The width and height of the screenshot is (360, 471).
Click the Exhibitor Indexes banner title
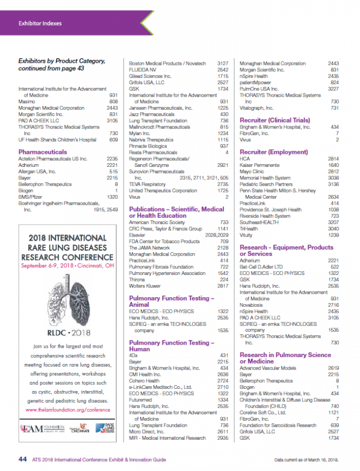point(40,23)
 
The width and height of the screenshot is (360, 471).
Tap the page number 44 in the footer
point(23,459)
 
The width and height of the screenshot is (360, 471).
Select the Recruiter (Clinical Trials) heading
point(275,120)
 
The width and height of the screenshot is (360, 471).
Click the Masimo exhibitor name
point(27,101)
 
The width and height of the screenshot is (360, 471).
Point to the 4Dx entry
point(133,354)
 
